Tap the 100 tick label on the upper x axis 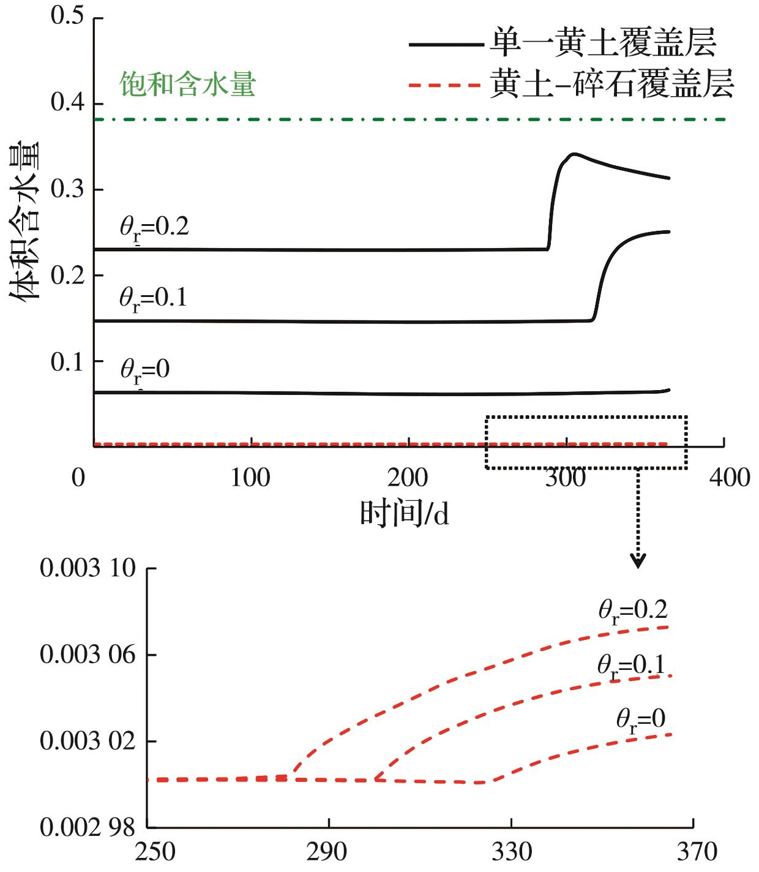click(x=252, y=478)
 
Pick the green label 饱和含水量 click(x=187, y=85)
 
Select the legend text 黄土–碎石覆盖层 click(x=611, y=85)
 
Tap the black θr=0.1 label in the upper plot click(x=153, y=299)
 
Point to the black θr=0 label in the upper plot click(x=144, y=371)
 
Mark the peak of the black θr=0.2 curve click(x=573, y=154)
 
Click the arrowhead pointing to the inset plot click(x=638, y=561)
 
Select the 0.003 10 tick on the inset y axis click(x=87, y=568)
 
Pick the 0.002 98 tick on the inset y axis click(x=87, y=829)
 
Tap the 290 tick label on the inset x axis click(x=329, y=852)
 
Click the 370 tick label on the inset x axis click(x=693, y=852)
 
